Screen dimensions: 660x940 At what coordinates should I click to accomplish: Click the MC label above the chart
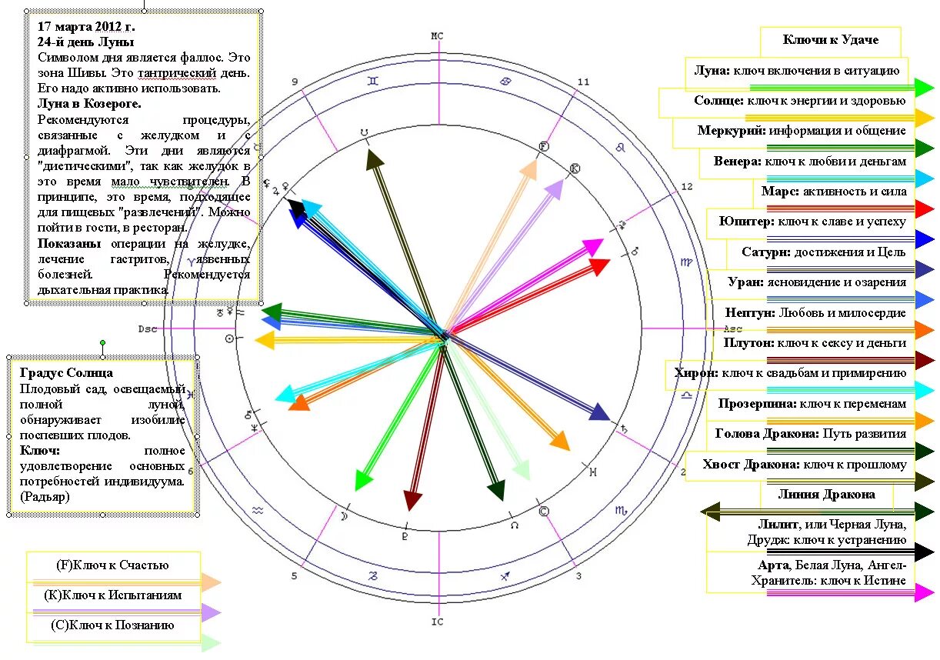[x=437, y=36]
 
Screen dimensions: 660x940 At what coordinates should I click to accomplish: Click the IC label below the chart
[x=437, y=622]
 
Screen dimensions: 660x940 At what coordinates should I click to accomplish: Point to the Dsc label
[x=147, y=328]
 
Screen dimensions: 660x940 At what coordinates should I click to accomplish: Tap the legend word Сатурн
[x=765, y=252]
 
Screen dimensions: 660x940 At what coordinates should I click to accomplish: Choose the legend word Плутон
[x=749, y=343]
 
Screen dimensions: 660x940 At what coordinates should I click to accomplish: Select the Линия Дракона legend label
[x=826, y=494]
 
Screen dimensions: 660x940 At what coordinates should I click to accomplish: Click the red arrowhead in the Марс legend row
[x=925, y=208]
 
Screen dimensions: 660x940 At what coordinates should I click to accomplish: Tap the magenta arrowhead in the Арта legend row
[x=925, y=592]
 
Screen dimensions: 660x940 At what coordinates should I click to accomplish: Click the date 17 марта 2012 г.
[x=86, y=26]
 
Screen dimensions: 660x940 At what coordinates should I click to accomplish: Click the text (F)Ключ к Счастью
[x=113, y=565]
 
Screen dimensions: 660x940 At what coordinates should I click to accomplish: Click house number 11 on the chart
[x=583, y=82]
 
